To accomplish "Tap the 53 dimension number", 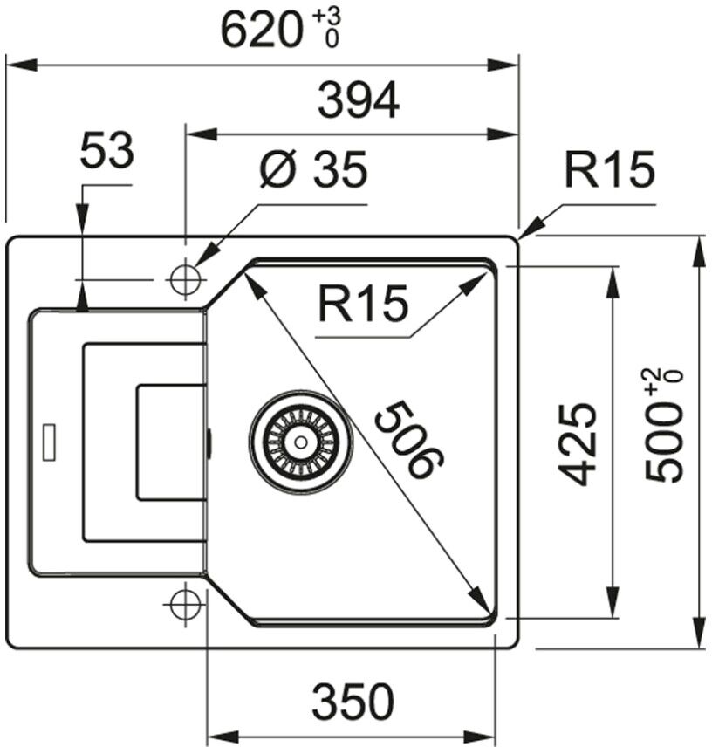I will [106, 153].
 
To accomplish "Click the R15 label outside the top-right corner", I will [609, 170].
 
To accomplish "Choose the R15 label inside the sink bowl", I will [363, 305].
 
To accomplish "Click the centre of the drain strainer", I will [300, 442].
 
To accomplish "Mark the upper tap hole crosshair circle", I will [185, 279].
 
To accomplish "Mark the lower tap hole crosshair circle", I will [185, 603].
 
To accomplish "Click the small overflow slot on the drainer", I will [50, 442].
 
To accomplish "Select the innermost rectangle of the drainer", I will [170, 442].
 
